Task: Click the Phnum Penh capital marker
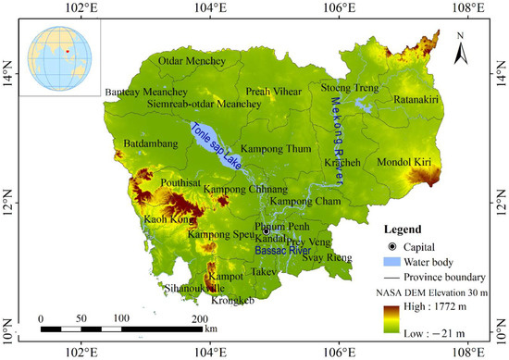(x=265, y=232)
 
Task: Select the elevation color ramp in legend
(x=392, y=321)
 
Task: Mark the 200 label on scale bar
(x=199, y=318)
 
